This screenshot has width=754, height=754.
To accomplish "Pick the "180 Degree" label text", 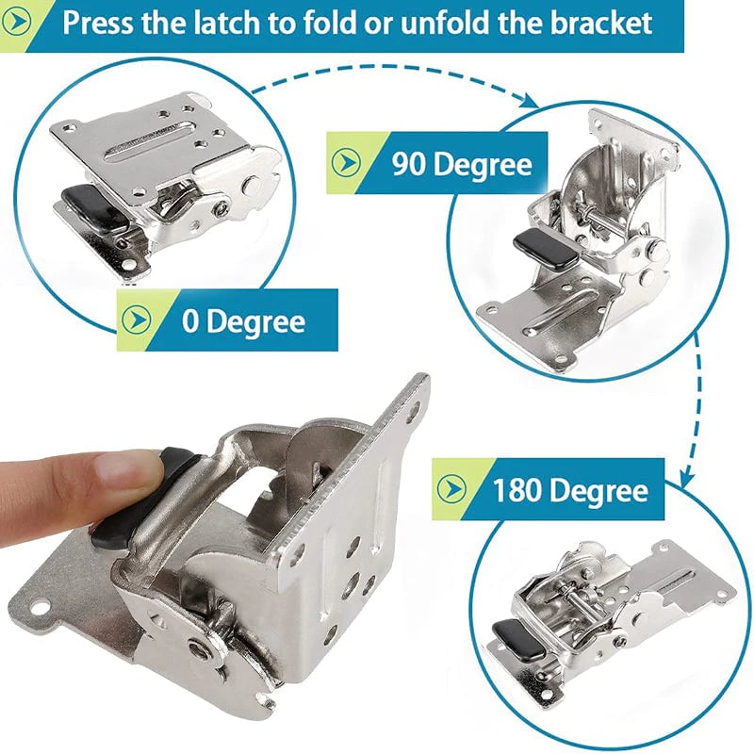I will click(x=569, y=490).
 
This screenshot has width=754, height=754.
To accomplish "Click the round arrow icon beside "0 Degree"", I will click(x=137, y=320).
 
